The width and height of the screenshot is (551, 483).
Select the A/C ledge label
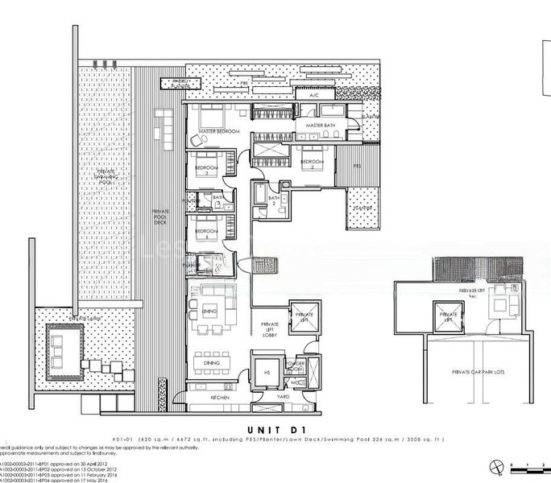pos(310,96)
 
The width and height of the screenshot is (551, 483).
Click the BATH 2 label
pos(272,200)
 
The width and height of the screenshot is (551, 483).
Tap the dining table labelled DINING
pos(212,362)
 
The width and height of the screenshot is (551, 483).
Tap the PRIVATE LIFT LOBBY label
pos(270,330)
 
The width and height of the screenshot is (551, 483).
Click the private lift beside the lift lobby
pos(304,316)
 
